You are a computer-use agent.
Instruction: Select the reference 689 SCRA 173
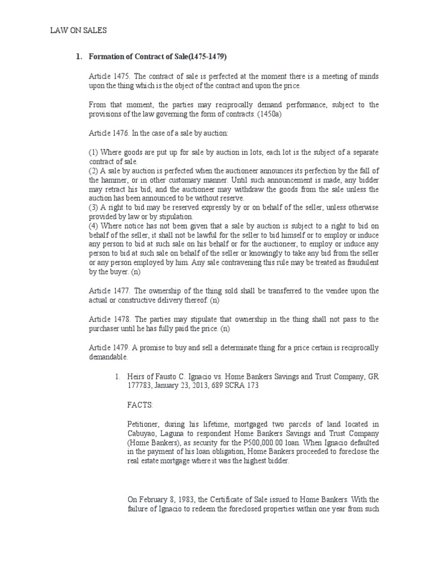pos(237,386)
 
